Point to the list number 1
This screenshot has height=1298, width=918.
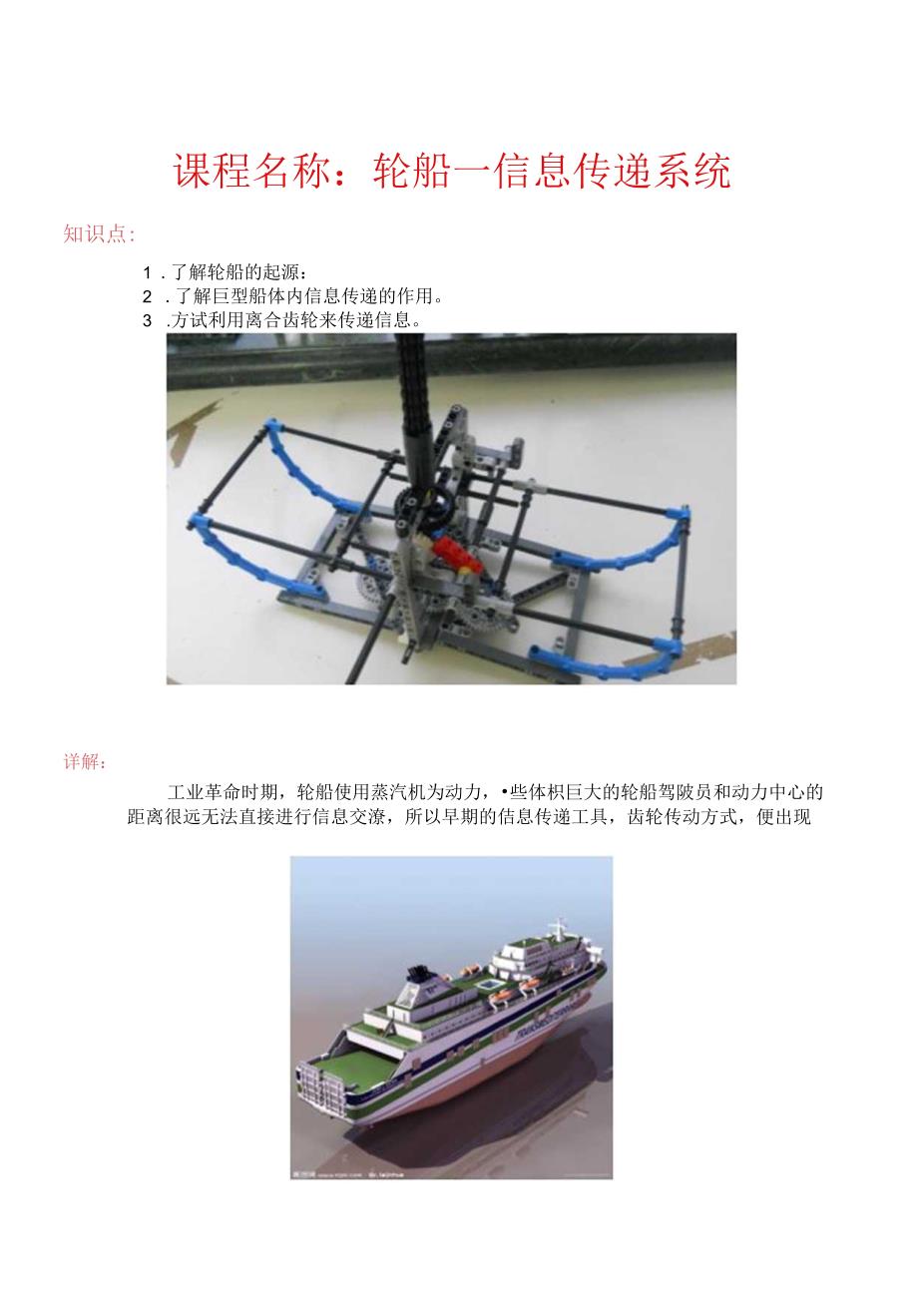coord(148,272)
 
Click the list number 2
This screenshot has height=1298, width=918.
coord(148,296)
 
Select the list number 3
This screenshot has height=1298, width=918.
coord(148,320)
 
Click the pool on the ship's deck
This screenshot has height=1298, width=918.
coord(486,985)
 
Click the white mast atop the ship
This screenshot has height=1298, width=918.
coord(557,922)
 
